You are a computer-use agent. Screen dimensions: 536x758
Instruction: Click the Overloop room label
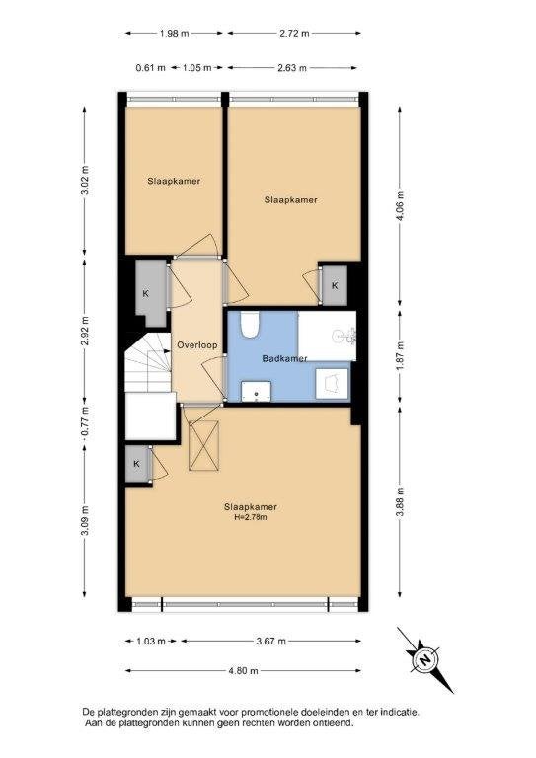[196, 345]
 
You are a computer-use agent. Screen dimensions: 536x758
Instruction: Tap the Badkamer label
[284, 358]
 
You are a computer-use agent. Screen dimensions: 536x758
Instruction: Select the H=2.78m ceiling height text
[251, 517]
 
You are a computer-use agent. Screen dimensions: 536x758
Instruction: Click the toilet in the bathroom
[251, 325]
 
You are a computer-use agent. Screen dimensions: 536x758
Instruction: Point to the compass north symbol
[424, 659]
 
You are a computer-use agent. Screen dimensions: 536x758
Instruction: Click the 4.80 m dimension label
[243, 670]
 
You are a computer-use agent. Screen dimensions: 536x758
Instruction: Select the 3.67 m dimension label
[270, 641]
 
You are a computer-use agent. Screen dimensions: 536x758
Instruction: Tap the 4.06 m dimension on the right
[400, 206]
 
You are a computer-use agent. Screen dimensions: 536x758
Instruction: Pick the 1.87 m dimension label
[400, 356]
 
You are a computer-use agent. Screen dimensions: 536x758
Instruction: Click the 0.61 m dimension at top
[151, 68]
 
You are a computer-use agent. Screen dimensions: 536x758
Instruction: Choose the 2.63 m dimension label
[292, 68]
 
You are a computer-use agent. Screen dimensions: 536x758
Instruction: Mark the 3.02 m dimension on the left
[85, 180]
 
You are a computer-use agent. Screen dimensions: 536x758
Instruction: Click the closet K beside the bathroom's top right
[335, 285]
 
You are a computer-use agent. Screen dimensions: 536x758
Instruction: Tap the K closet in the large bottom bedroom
[137, 464]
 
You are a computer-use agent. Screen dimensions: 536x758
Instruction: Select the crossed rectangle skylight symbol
[203, 445]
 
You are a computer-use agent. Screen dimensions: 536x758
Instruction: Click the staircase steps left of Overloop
[148, 362]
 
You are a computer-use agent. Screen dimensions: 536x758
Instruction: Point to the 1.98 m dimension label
[174, 34]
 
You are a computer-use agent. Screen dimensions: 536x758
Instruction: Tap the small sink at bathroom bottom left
[257, 391]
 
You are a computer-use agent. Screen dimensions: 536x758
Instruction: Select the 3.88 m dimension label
[400, 501]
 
